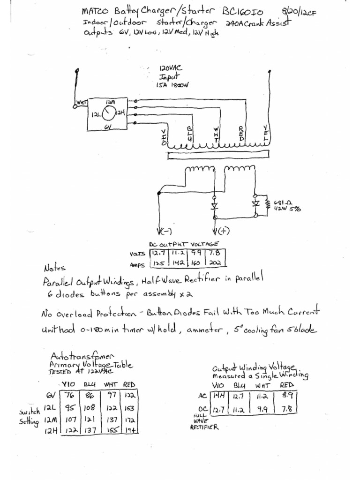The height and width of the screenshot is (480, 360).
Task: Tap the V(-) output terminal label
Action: pyautogui.click(x=166, y=231)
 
